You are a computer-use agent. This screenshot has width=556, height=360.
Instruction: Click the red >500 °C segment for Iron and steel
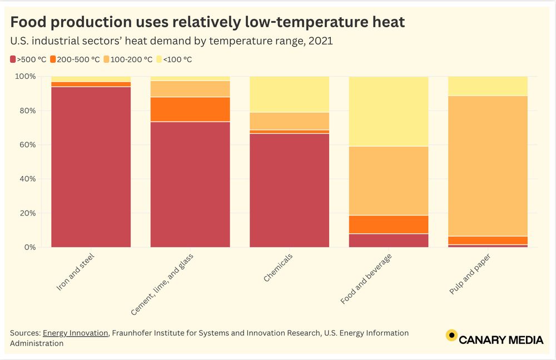coord(91,167)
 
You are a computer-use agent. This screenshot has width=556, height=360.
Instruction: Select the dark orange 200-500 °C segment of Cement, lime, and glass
coord(190,109)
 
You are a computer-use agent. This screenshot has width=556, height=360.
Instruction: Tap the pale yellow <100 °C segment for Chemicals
coord(289,94)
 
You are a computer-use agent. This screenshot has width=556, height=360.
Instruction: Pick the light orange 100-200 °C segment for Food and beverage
coord(388,181)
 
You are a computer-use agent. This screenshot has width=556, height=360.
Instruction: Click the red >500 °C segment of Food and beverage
coord(388,240)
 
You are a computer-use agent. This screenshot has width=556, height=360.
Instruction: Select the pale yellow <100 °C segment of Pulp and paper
coord(488,86)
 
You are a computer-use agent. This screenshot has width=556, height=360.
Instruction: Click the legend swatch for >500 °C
coord(13,59)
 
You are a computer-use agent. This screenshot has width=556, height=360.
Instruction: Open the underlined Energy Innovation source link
coord(76,333)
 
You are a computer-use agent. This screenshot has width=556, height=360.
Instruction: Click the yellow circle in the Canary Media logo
coord(451,336)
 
